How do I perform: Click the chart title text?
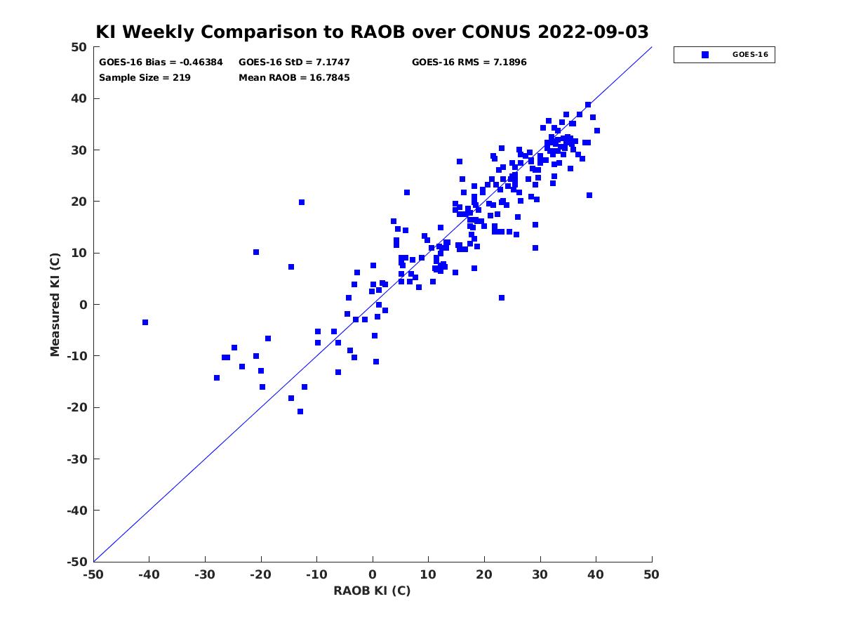pyautogui.click(x=372, y=32)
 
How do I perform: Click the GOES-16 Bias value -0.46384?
pyautogui.click(x=201, y=62)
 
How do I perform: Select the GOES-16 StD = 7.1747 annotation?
pyautogui.click(x=294, y=62)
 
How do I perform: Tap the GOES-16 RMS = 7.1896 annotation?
pyautogui.click(x=469, y=62)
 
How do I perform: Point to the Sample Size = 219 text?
pyautogui.click(x=145, y=78)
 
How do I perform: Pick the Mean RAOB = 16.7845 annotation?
pyautogui.click(x=294, y=78)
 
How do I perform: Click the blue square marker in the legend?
pyautogui.click(x=704, y=55)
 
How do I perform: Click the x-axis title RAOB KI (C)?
pyautogui.click(x=372, y=591)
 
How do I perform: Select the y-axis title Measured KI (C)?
pyautogui.click(x=55, y=304)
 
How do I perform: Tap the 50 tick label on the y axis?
pyautogui.click(x=79, y=47)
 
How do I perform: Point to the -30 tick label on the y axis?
pyautogui.click(x=77, y=459)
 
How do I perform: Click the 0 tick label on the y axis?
pyautogui.click(x=83, y=305)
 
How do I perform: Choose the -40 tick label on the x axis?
pyautogui.click(x=149, y=574)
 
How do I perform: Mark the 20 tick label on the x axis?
pyautogui.click(x=484, y=574)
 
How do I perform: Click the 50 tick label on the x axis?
pyautogui.click(x=651, y=574)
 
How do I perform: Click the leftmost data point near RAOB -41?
pyautogui.click(x=145, y=322)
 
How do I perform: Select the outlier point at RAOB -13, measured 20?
pyautogui.click(x=302, y=202)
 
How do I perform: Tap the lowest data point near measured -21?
pyautogui.click(x=300, y=412)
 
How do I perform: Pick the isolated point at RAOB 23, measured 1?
pyautogui.click(x=502, y=298)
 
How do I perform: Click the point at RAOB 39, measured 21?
pyautogui.click(x=589, y=195)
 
